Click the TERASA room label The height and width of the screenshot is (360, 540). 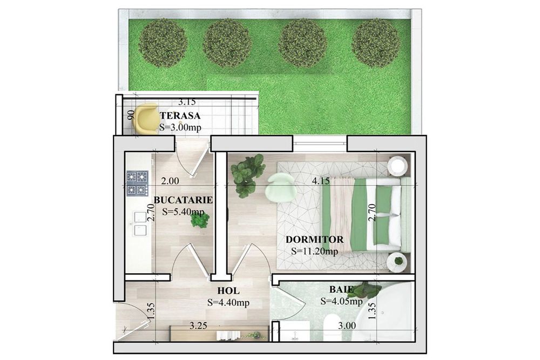[x=180, y=116]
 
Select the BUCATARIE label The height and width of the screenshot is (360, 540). [x=183, y=200]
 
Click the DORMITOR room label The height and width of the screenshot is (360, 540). [x=315, y=239]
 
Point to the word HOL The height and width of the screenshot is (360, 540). [x=228, y=291]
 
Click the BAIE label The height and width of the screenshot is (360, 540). [x=341, y=289]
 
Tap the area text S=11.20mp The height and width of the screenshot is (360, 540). [x=314, y=252]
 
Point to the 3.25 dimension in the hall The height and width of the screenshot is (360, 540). [x=198, y=325]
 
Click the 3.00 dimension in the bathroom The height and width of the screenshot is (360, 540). [x=347, y=325]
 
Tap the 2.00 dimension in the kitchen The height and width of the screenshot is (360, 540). [x=170, y=181]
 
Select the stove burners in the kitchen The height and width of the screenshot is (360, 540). [x=137, y=184]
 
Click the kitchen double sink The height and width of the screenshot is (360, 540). [x=140, y=223]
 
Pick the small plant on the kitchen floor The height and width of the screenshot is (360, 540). [x=200, y=219]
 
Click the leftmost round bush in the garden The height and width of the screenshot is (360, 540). [x=163, y=42]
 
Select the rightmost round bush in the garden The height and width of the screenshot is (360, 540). [x=376, y=43]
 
